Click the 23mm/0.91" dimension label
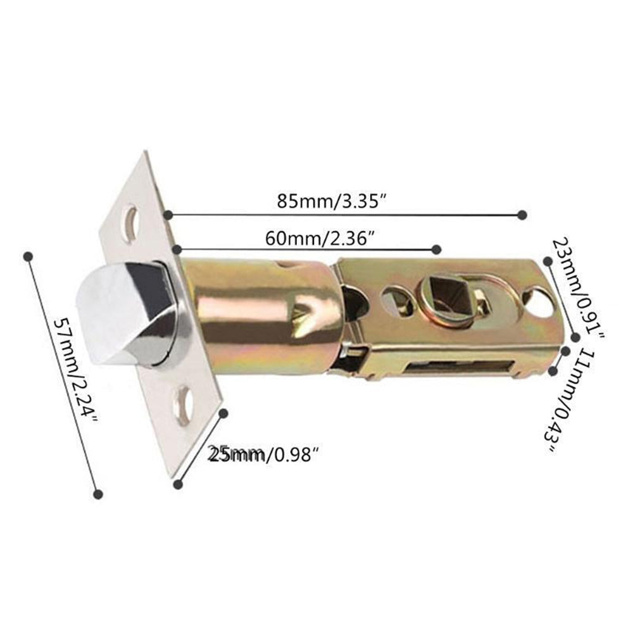tap(578, 289)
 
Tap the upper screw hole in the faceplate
tap(130, 223)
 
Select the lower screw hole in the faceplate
tap(183, 403)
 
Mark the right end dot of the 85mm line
tap(522, 215)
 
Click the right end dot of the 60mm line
tap(436, 248)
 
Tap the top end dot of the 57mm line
tap(27, 256)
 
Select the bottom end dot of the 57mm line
tap(97, 493)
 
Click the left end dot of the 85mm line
tap(168, 216)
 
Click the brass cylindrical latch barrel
tap(260, 316)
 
